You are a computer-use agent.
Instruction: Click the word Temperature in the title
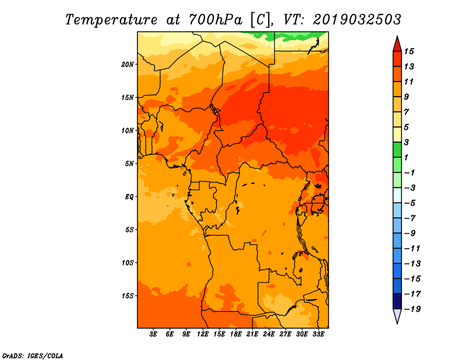tap(111, 20)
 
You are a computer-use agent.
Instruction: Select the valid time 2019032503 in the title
tap(357, 20)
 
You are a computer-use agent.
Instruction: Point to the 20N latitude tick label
tap(128, 65)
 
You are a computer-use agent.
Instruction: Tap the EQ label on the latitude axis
tap(129, 197)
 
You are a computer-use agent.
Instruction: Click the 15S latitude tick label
tap(128, 296)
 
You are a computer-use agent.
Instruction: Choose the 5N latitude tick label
tap(129, 164)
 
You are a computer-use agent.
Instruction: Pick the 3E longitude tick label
tap(153, 334)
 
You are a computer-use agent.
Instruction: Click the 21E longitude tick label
tap(252, 334)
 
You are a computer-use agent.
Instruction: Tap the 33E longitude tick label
tap(318, 334)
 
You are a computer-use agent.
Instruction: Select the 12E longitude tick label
tap(202, 334)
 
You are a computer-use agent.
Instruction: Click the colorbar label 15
tap(409, 51)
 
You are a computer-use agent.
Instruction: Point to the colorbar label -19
tap(412, 309)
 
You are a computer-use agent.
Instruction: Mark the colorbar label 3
tap(407, 142)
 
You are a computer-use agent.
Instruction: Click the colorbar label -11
tap(412, 249)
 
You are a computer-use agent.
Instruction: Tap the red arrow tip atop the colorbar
tap(397, 37)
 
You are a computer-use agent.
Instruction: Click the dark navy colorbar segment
tap(397, 301)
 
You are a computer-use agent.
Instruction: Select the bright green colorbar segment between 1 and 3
tap(397, 150)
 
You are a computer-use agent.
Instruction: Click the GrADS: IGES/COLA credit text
tap(33, 355)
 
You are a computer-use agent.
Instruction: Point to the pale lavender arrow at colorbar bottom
tap(397, 315)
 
